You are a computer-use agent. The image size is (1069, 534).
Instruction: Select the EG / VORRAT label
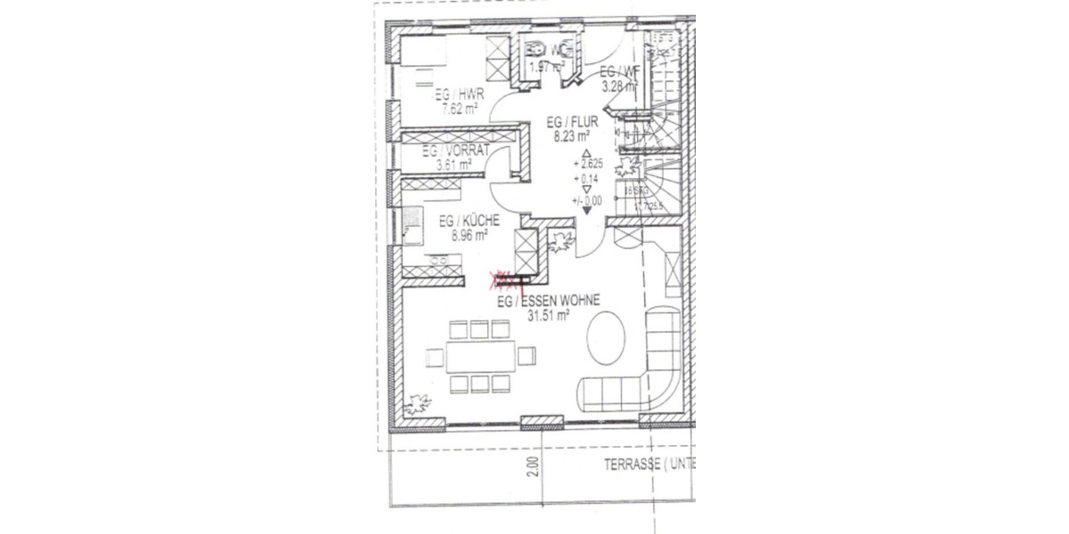click(457, 150)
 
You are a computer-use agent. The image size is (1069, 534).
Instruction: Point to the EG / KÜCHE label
click(469, 222)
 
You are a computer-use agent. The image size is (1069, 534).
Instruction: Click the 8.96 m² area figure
click(469, 236)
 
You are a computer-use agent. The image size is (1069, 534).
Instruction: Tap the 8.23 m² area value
click(571, 137)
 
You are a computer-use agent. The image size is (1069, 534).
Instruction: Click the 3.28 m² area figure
click(618, 86)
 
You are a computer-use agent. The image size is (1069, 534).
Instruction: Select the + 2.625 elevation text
click(589, 165)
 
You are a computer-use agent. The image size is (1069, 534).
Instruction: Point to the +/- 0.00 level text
click(588, 201)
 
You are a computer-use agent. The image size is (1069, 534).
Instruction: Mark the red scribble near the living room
click(506, 281)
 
